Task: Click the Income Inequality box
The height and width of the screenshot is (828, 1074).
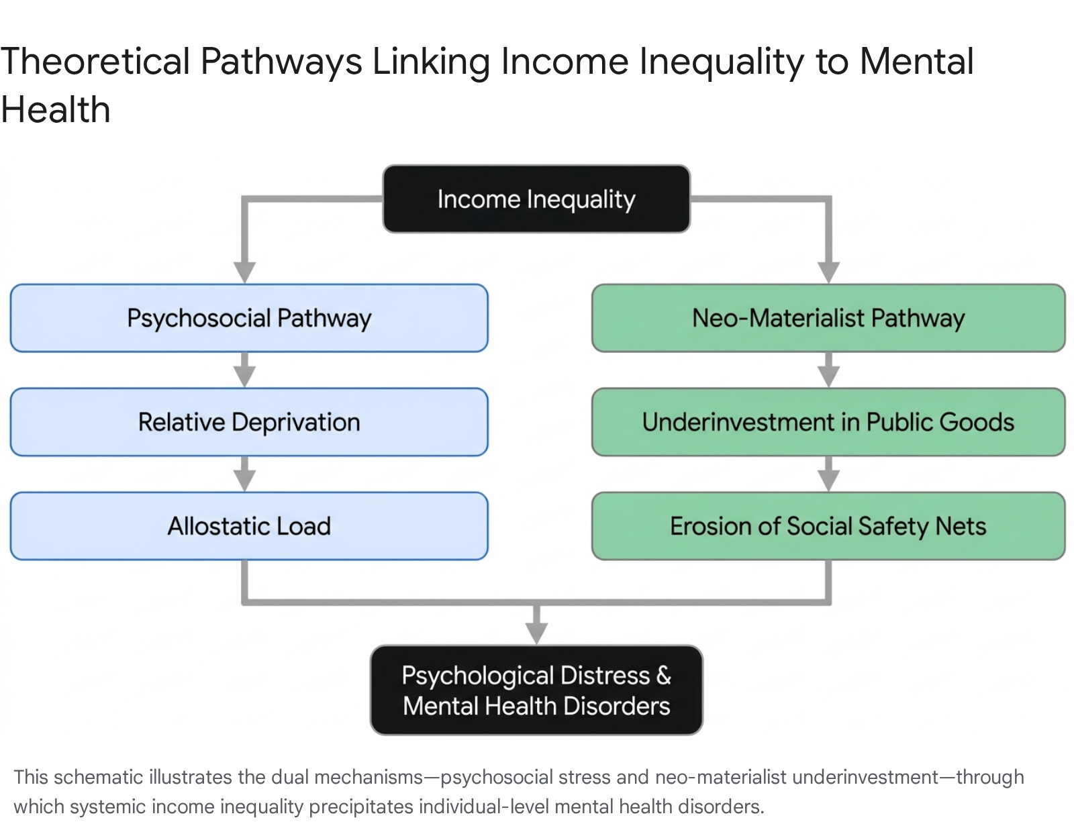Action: tap(536, 199)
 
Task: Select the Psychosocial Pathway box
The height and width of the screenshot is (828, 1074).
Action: tap(249, 317)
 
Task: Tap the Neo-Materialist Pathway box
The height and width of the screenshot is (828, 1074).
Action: tap(828, 317)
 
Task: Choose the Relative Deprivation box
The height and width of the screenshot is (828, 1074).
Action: tap(249, 422)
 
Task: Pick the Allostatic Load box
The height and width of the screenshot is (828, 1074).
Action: tap(249, 525)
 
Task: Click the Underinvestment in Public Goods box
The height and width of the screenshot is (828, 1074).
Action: tap(828, 422)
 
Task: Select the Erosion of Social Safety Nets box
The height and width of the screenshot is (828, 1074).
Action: tap(828, 525)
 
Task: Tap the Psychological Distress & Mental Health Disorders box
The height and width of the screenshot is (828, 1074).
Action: tap(536, 690)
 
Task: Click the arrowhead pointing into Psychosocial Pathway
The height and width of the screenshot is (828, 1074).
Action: tap(244, 272)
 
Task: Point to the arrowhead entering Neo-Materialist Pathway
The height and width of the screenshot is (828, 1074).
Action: tap(829, 272)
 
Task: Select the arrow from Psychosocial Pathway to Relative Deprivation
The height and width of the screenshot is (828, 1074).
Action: tap(244, 370)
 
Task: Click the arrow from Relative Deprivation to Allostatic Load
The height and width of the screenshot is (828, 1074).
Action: tap(244, 474)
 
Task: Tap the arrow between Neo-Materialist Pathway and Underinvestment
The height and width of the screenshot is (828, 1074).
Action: tap(829, 370)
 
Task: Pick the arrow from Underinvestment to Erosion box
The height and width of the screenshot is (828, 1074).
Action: tap(829, 474)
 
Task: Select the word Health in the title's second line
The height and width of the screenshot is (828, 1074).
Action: tap(55, 109)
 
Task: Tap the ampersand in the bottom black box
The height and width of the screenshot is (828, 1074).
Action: tap(663, 675)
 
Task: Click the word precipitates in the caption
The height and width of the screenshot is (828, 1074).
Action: tap(361, 807)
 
